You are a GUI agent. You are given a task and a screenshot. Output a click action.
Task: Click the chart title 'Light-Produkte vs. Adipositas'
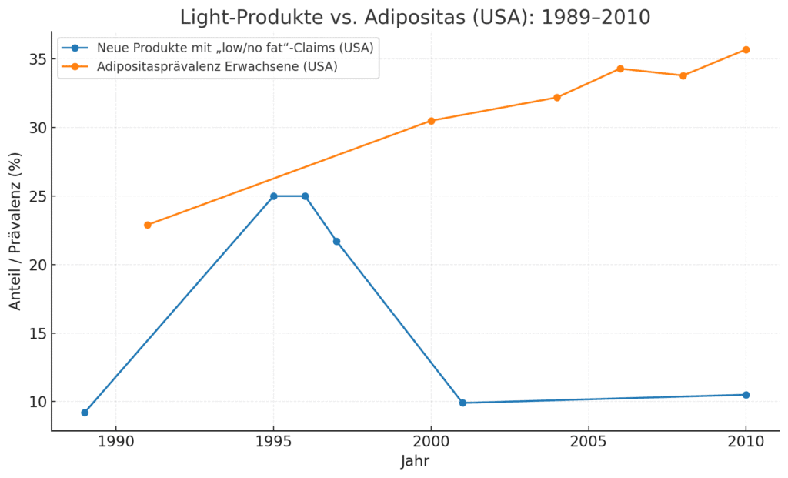(x=415, y=17)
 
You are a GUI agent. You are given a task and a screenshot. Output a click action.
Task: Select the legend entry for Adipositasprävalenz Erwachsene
(x=217, y=67)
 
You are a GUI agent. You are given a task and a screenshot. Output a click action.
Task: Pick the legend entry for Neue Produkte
(x=235, y=48)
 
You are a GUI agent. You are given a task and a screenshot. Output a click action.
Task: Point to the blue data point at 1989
(x=85, y=413)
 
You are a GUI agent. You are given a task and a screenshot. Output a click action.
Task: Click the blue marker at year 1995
(x=273, y=196)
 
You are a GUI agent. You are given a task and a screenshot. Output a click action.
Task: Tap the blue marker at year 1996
(x=305, y=196)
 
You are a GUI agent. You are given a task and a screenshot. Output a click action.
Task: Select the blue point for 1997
(x=336, y=242)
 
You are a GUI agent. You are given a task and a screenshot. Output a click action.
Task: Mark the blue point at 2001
(x=462, y=403)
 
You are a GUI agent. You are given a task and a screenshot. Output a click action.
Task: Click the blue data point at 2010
(x=746, y=395)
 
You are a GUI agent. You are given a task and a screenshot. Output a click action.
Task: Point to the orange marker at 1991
(x=148, y=225)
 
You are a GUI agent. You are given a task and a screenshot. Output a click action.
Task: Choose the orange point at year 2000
(x=431, y=121)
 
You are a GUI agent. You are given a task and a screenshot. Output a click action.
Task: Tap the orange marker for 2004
(x=557, y=98)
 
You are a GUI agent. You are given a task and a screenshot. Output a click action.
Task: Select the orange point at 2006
(x=620, y=69)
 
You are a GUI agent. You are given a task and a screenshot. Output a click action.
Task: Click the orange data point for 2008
(x=683, y=75)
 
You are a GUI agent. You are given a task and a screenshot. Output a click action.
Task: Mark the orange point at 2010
(x=746, y=50)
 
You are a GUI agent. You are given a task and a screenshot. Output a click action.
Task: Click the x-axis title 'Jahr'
(x=415, y=462)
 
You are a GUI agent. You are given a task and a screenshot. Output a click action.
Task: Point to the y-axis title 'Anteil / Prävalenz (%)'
(x=15, y=231)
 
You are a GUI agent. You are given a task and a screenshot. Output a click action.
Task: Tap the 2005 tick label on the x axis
(x=589, y=443)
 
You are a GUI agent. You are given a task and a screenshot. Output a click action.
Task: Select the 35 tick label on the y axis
(x=36, y=59)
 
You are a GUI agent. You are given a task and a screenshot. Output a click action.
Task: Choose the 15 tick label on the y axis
(x=36, y=333)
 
